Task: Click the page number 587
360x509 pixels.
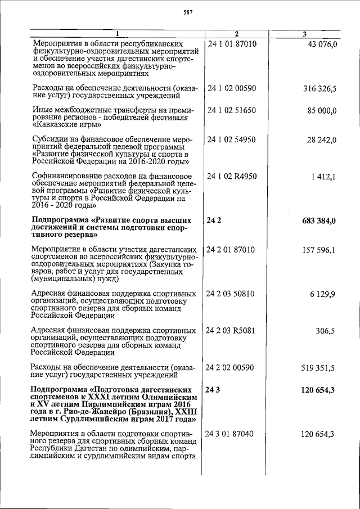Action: (180, 12)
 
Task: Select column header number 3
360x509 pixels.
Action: (304, 34)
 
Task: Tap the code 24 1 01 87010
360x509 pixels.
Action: (232, 44)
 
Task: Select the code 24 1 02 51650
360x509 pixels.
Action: (232, 111)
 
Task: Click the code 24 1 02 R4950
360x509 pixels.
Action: (232, 177)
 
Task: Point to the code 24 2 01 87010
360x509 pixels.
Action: (232, 249)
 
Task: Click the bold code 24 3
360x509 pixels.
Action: (214, 389)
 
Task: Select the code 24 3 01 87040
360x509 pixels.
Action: (232, 434)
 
